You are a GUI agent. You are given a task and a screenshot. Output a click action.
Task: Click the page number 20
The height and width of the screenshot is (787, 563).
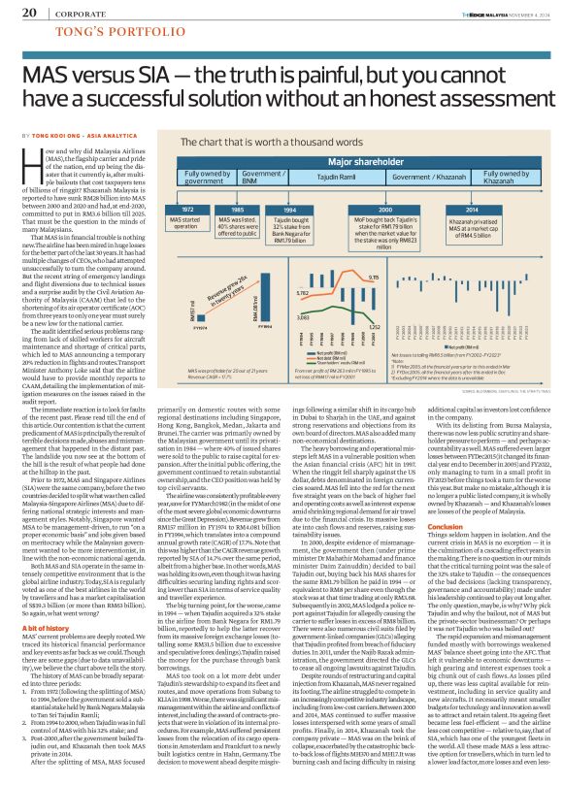[29, 13]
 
